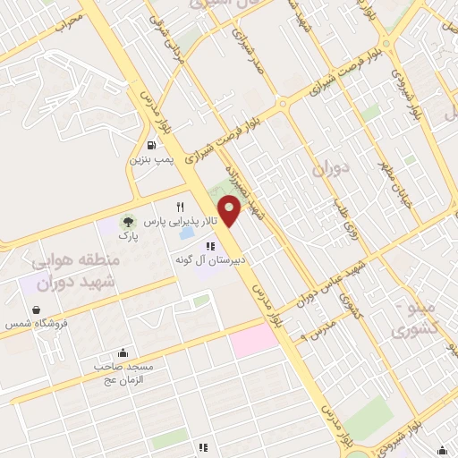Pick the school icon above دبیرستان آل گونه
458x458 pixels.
211,246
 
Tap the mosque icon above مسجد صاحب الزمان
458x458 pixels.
123,352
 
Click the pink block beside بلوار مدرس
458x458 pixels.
256,340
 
